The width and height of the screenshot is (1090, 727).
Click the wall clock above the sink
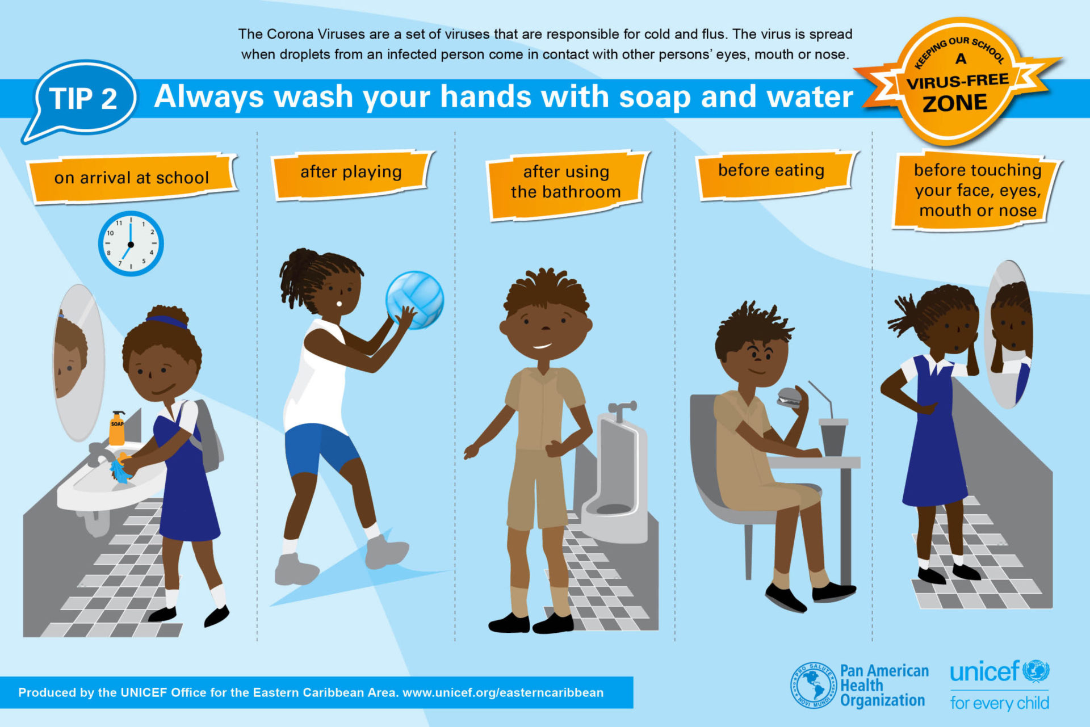pyautogui.click(x=131, y=244)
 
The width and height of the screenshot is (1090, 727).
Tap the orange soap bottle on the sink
pyautogui.click(x=117, y=428)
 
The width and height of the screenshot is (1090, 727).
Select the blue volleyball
pyautogui.click(x=415, y=300)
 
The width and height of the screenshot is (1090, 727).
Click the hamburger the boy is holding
pyautogui.click(x=789, y=397)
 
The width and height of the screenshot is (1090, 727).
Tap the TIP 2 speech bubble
pyautogui.click(x=81, y=100)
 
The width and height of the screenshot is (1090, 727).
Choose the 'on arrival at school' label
pyautogui.click(x=132, y=178)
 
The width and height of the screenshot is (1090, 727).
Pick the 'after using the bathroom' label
pyautogui.click(x=567, y=184)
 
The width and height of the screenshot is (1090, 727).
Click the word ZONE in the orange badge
pyautogui.click(x=955, y=103)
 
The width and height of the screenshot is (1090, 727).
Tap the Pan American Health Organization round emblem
pyautogui.click(x=814, y=686)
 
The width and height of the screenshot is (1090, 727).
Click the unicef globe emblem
pyautogui.click(x=1036, y=671)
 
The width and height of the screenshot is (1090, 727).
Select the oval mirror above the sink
pyautogui.click(x=78, y=363)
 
